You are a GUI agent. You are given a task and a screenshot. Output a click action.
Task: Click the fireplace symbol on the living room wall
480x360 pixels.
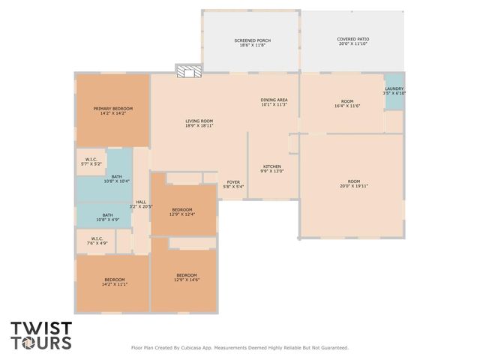(189, 71)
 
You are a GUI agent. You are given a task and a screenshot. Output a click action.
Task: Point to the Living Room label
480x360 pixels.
(199, 124)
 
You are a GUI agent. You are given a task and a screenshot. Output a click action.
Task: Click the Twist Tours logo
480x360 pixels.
(41, 335)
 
